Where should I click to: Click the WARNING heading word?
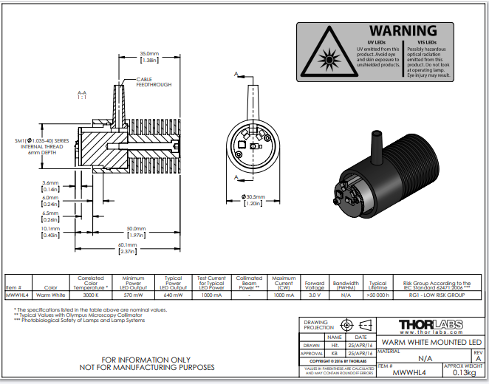click(403, 31)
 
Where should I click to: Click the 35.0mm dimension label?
click(149, 54)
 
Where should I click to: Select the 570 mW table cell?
click(133, 294)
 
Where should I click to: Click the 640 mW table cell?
click(173, 294)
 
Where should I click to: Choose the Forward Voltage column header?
click(315, 284)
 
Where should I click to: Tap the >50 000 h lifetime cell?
click(377, 294)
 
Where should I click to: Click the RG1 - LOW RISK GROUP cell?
click(436, 294)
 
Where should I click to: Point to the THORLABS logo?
click(432, 325)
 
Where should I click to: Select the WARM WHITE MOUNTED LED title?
click(430, 342)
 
